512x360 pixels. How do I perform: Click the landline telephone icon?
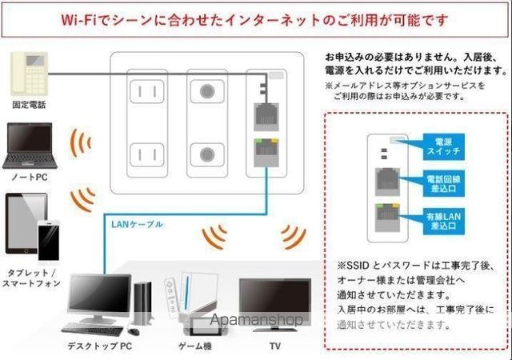click(28, 74)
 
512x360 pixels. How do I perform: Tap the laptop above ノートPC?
click(28, 144)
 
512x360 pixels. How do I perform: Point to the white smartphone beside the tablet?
click(49, 238)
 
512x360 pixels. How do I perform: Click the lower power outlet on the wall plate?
click(146, 154)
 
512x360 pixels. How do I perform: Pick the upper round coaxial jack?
click(207, 90)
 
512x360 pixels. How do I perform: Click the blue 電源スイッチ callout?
click(442, 146)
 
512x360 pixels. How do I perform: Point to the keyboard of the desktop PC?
click(91, 329)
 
